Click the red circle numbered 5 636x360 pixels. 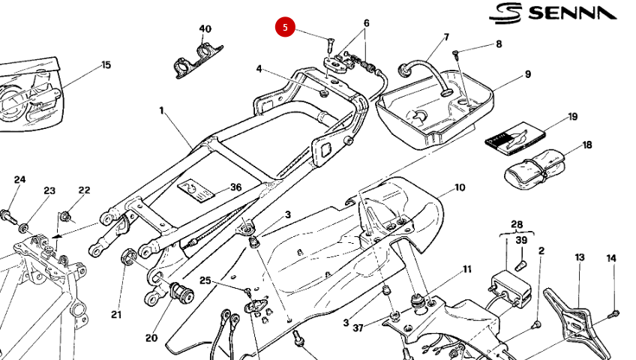(x=284, y=28)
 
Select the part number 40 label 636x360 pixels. (x=205, y=29)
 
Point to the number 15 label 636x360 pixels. (x=106, y=64)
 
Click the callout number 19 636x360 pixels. (x=572, y=116)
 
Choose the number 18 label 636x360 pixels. (x=586, y=145)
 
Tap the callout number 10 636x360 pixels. (x=459, y=187)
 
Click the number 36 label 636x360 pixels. (x=235, y=187)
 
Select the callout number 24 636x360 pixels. (x=19, y=179)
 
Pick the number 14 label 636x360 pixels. (x=611, y=258)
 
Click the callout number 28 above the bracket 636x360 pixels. (x=517, y=224)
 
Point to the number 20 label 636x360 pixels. (x=151, y=338)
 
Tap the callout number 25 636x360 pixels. (x=205, y=280)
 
